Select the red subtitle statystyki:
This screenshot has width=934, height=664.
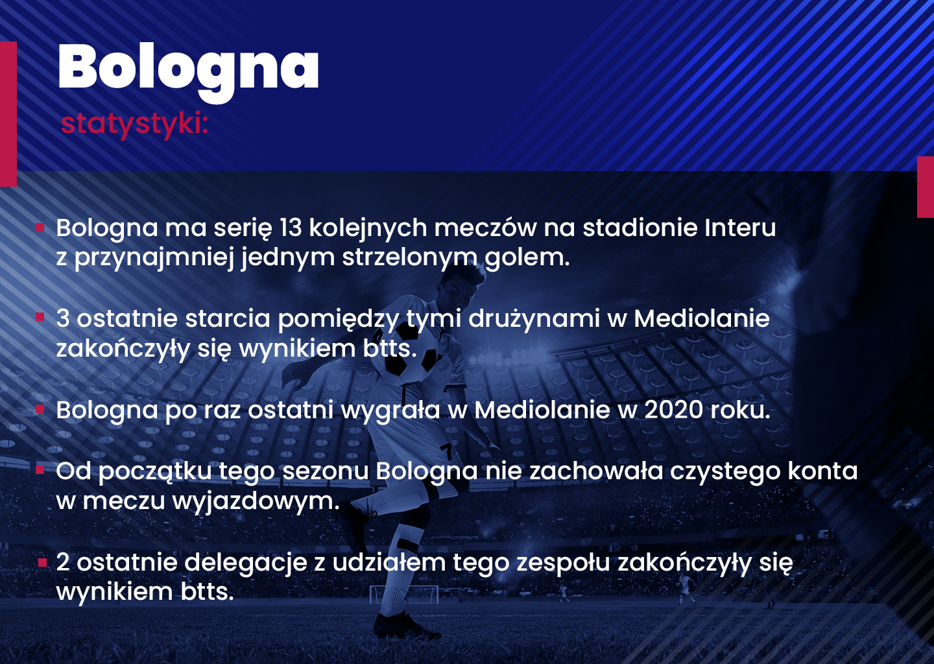[x=134, y=124]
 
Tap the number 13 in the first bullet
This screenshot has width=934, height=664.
[x=291, y=228]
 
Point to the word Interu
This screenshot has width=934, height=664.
[x=740, y=228]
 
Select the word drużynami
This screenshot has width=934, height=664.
[x=534, y=319]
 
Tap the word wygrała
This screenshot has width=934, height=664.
[x=390, y=411]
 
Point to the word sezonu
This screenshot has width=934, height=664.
[x=326, y=471]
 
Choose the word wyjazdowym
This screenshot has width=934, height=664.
[x=256, y=502]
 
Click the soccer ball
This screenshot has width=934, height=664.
[x=411, y=354]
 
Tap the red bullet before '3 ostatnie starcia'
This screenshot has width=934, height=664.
[x=40, y=317]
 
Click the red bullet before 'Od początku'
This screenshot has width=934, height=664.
[x=40, y=470]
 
